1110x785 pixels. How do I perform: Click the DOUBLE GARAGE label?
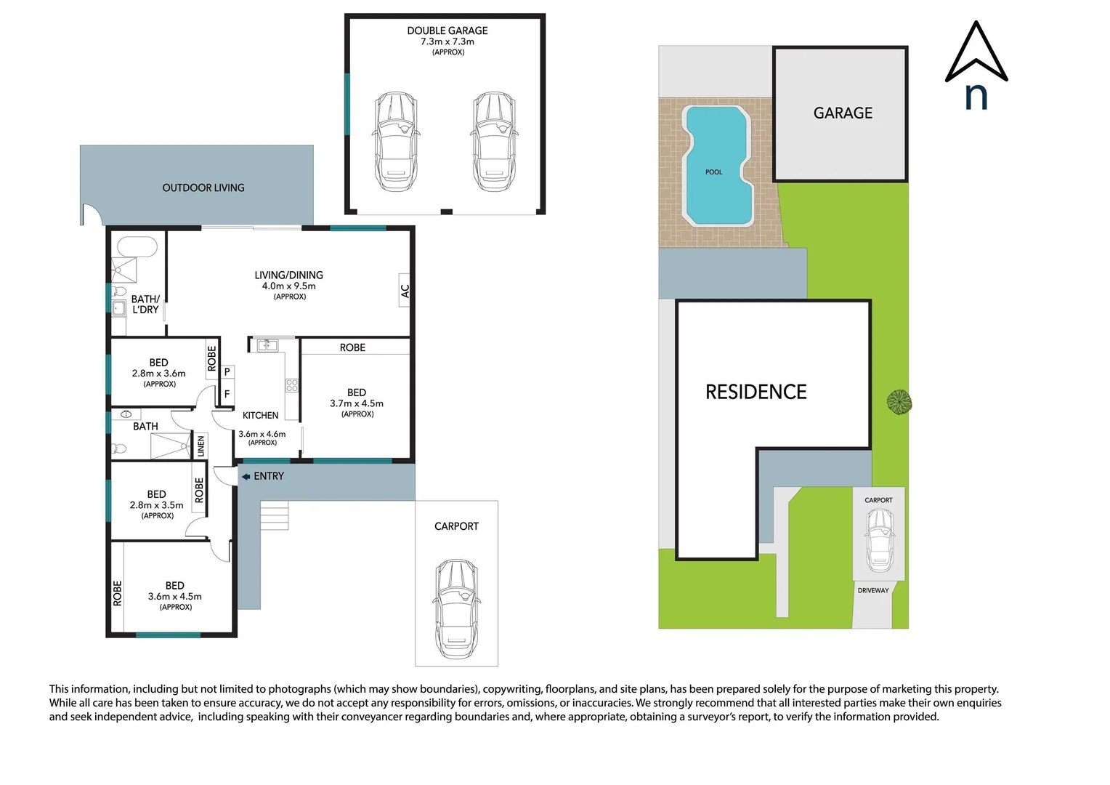point(447,31)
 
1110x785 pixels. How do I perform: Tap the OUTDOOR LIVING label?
point(203,188)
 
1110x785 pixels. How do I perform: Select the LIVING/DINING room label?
point(288,275)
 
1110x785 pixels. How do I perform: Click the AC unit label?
point(405,291)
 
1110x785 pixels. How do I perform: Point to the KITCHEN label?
point(260,415)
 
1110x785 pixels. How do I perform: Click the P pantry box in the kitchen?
point(227,371)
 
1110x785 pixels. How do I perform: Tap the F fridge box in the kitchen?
point(227,394)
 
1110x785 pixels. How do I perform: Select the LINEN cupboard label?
point(201,446)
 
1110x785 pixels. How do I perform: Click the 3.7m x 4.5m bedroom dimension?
point(357,403)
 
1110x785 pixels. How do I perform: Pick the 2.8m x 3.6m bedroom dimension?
point(158,373)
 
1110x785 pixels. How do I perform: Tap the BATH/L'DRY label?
point(145,304)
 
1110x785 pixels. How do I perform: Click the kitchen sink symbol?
point(267,345)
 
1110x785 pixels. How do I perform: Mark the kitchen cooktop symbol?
point(292,385)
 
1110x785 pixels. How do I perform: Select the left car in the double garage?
point(395,141)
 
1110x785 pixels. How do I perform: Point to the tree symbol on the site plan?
point(899,401)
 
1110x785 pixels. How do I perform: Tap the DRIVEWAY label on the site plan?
point(873,590)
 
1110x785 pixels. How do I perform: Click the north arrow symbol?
point(976,55)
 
